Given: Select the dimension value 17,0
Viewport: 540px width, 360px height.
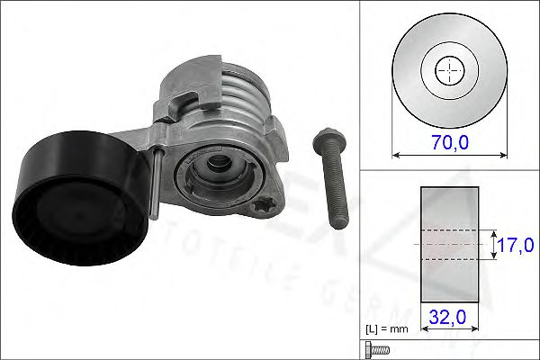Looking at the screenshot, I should click(x=517, y=244).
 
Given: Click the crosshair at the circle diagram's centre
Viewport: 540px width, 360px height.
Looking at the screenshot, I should click(x=448, y=71).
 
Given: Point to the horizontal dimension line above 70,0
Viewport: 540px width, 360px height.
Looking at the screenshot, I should click(x=448, y=155).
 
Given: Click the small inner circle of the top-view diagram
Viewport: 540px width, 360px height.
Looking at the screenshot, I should click(x=448, y=71).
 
